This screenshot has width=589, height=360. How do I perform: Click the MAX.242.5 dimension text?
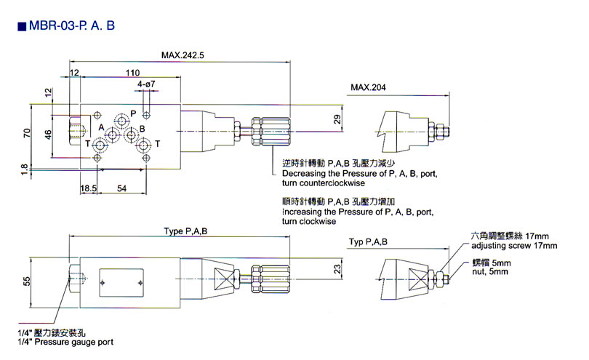[183, 55]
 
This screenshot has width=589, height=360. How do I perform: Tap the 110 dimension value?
[132, 73]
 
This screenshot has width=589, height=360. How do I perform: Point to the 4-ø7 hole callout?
[145, 85]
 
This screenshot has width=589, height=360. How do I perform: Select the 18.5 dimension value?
[89, 189]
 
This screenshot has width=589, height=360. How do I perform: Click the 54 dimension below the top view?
[123, 189]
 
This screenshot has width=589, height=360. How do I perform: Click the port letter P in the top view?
[133, 113]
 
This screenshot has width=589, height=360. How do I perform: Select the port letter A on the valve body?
[101, 127]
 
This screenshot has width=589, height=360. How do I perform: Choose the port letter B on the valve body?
[142, 129]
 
